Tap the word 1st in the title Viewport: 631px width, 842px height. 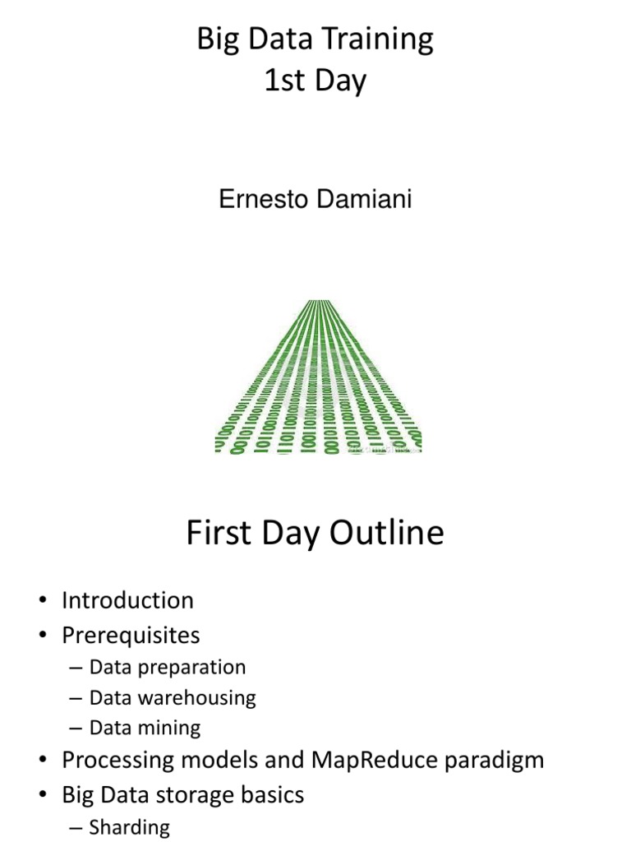(x=283, y=81)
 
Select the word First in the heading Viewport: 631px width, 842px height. (x=218, y=533)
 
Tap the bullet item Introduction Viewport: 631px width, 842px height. (x=127, y=600)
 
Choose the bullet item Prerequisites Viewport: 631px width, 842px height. (x=131, y=636)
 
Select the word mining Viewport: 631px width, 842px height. (x=174, y=728)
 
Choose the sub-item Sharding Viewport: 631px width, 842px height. (x=129, y=827)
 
